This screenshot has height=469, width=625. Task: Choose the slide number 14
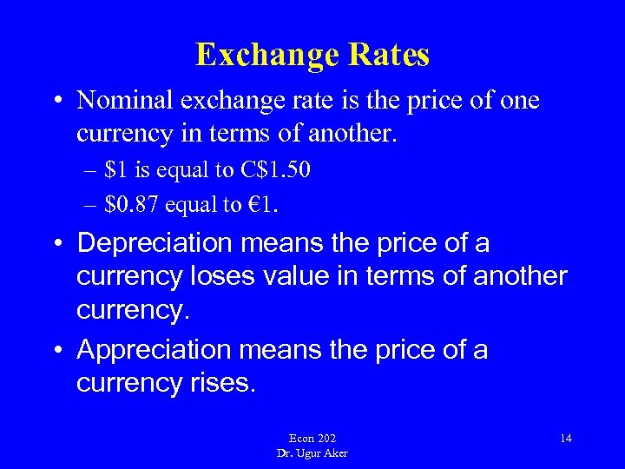(565, 438)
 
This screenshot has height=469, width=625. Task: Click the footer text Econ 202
(312, 439)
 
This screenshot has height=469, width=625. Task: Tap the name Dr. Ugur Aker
(312, 453)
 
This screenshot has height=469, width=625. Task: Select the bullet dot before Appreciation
(55, 351)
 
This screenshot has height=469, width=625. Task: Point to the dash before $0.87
(89, 205)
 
